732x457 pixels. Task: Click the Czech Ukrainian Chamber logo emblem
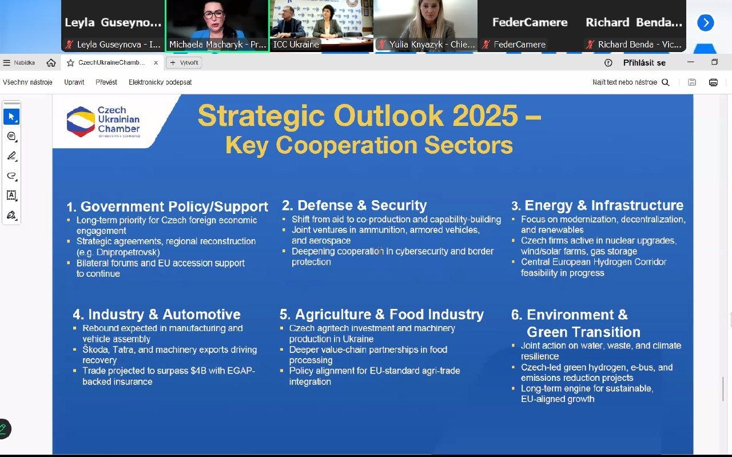81,122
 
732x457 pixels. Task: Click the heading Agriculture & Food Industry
389,315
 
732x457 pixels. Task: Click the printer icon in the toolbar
713,82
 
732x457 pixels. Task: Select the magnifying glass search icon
665,82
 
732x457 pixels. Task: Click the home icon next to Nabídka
51,63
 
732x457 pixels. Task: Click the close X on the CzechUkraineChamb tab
156,63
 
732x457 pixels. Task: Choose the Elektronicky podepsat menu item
160,82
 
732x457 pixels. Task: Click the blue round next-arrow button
706,23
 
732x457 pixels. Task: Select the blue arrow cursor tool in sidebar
11,117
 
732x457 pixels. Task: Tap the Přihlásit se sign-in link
644,63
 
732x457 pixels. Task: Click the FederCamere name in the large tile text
530,22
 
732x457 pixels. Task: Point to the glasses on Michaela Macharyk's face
214,14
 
